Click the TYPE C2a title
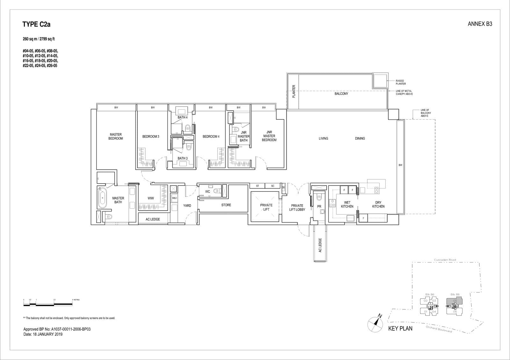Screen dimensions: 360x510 point(36,25)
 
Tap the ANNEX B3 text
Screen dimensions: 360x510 point(480,24)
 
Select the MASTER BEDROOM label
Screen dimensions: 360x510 point(116,136)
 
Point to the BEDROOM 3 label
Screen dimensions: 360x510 point(150,137)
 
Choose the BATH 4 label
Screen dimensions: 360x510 point(182,118)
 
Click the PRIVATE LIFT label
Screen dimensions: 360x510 point(266,207)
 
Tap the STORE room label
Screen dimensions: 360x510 point(226,205)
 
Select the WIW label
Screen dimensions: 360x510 point(151,198)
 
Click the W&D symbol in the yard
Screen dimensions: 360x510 point(174,198)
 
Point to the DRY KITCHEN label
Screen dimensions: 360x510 point(378,205)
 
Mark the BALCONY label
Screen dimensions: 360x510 point(341,94)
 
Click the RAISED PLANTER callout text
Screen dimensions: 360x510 point(401,82)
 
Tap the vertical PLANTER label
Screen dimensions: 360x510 point(294,91)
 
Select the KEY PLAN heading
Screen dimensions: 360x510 point(400,328)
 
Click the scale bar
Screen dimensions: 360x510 point(48,304)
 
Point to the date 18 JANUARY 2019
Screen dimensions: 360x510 point(43,334)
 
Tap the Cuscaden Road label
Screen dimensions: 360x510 point(445,260)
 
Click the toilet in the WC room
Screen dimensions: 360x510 point(217,191)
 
